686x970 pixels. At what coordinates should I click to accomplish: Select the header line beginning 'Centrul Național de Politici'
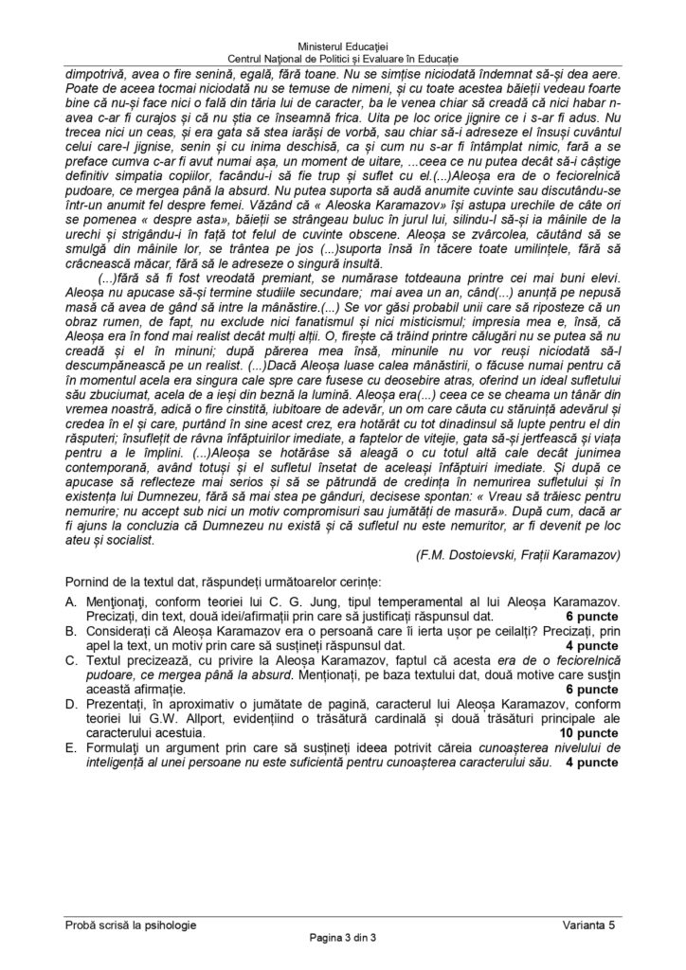(342, 60)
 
